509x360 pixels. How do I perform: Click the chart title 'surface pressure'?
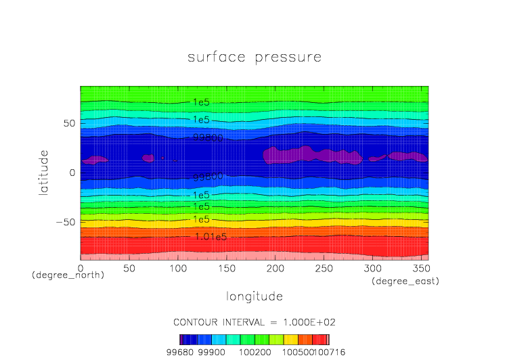255,58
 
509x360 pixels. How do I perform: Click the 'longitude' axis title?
254,296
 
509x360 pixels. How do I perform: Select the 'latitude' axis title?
43,173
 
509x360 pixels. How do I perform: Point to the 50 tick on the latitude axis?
69,123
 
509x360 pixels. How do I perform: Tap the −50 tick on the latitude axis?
66,221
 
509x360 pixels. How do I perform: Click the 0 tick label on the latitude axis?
72,173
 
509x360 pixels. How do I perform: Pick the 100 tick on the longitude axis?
177,268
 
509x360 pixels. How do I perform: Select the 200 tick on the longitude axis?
274,268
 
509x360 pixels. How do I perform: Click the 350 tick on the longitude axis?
420,268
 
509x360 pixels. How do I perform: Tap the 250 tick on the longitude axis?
323,268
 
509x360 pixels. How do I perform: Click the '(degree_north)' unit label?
68,275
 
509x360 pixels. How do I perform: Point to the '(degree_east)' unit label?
405,281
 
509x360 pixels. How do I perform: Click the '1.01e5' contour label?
210,237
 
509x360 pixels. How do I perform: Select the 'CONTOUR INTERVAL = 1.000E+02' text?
255,322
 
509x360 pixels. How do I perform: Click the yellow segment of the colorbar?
290,340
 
